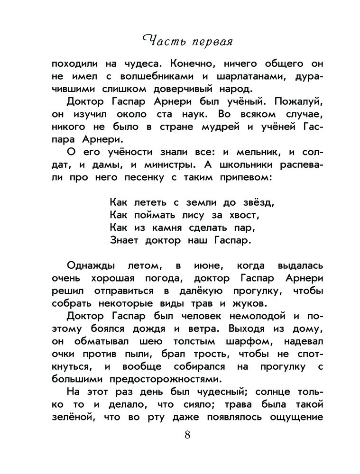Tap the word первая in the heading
click(209, 43)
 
